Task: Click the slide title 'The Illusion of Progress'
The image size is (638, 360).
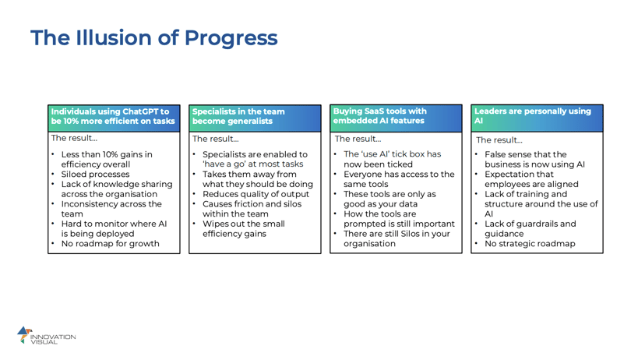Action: [153, 37]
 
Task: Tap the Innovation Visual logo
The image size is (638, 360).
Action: [46, 336]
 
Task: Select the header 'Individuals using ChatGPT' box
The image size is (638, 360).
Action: [113, 116]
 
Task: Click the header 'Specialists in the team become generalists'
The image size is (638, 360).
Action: [255, 116]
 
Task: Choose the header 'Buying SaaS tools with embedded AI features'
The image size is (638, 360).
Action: [396, 116]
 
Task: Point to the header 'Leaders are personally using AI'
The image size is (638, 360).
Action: [538, 116]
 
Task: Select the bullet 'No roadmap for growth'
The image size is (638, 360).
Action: [111, 244]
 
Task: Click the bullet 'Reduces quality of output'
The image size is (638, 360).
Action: [256, 194]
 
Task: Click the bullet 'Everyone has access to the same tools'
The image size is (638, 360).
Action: [398, 179]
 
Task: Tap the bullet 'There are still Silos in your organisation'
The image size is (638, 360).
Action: [396, 238]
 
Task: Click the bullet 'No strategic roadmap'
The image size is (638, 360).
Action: [529, 244]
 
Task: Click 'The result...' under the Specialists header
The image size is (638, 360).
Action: [216, 139]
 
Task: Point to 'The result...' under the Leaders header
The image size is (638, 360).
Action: [499, 140]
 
